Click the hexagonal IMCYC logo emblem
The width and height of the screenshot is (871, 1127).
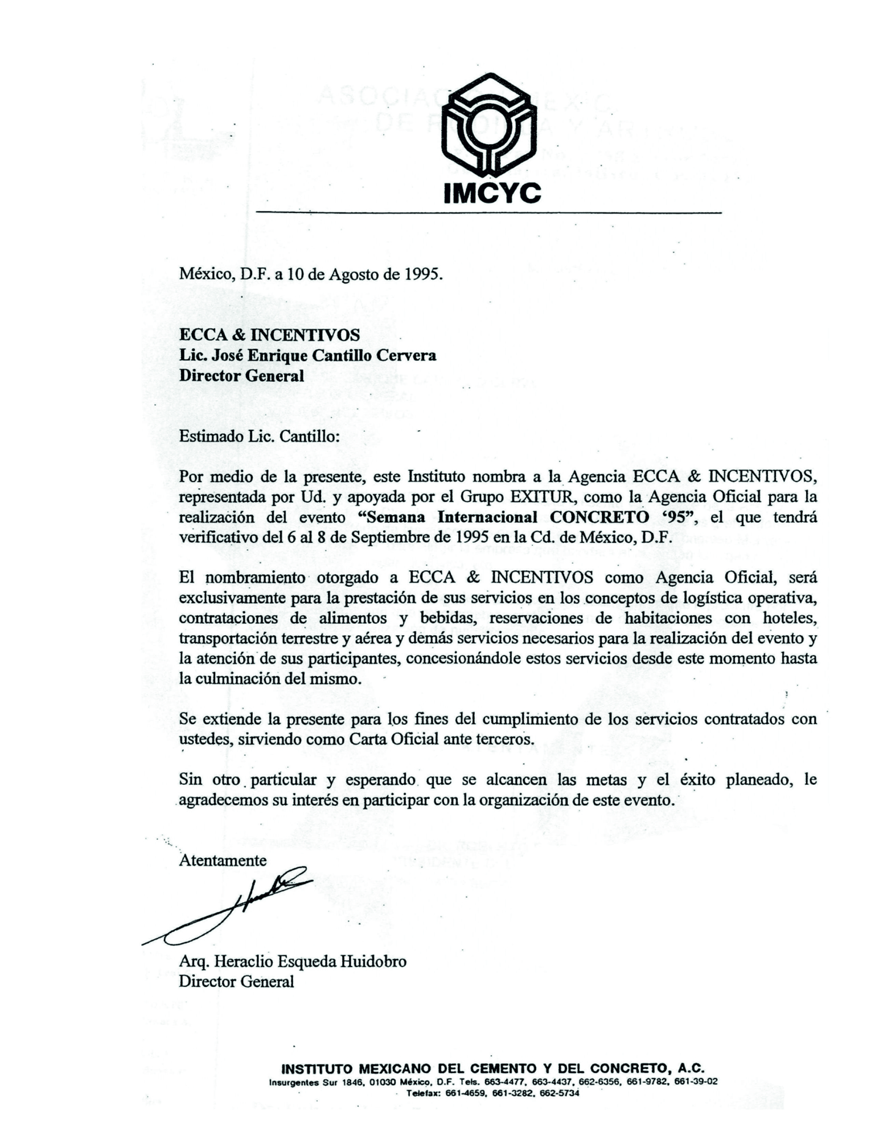pos(489,126)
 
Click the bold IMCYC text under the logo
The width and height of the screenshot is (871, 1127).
pos(492,194)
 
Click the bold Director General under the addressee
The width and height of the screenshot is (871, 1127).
pos(241,376)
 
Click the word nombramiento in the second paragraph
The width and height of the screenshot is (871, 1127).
pos(255,578)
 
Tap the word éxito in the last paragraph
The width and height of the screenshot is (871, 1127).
pos(697,779)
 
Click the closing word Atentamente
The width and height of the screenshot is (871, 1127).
pos(223,860)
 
